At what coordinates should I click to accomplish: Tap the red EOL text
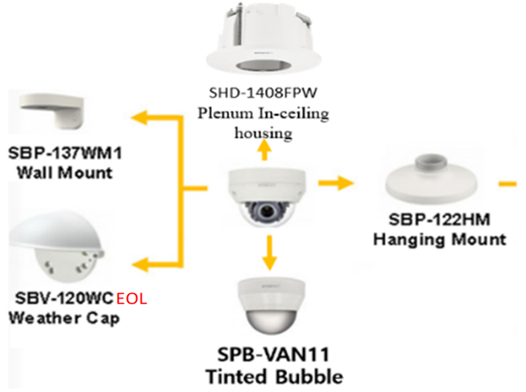point(131,300)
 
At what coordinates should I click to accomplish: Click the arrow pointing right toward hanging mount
point(336,183)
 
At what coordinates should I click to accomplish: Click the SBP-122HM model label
point(438,221)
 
